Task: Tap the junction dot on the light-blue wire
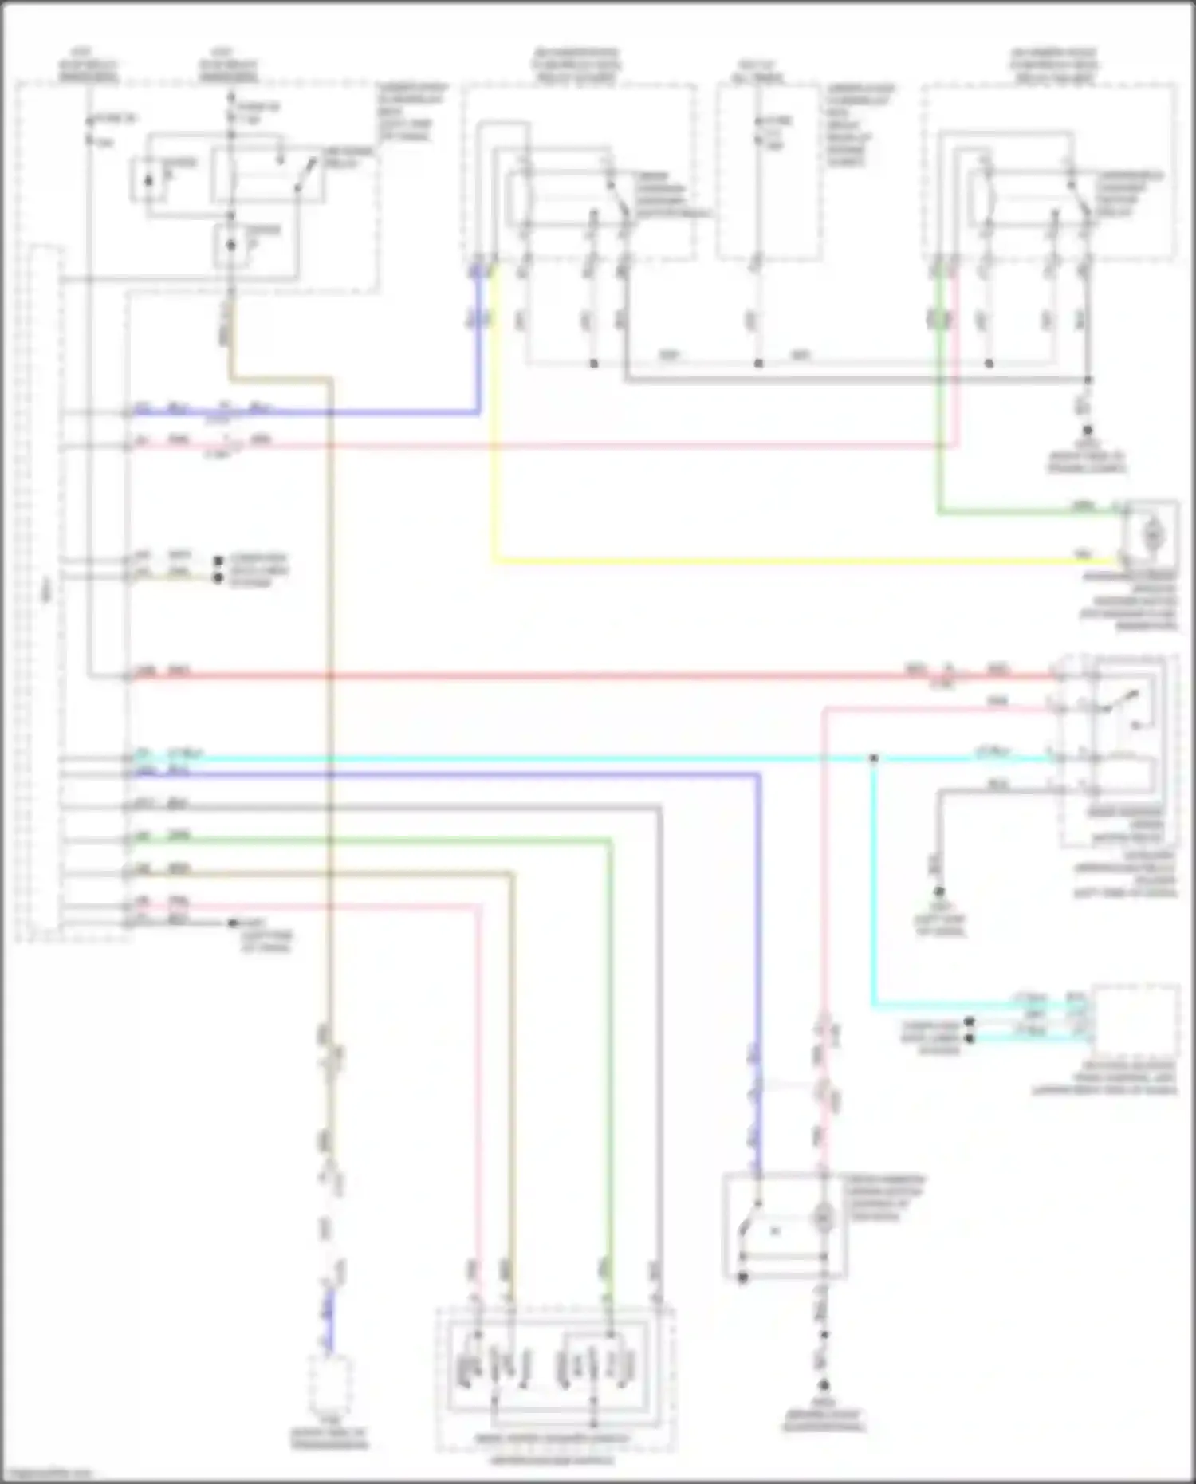pyautogui.click(x=874, y=758)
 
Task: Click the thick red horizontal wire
pyautogui.click(x=558, y=676)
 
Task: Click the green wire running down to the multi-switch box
pyautogui.click(x=610, y=1037)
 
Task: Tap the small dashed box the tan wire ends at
pyautogui.click(x=330, y=1384)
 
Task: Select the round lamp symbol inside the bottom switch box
pyautogui.click(x=822, y=1218)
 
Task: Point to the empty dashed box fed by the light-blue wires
pyautogui.click(x=1135, y=1021)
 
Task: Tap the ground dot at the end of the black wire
pyautogui.click(x=939, y=891)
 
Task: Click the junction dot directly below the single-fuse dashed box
pyautogui.click(x=758, y=364)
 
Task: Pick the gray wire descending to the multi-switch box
pyautogui.click(x=659, y=1037)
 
